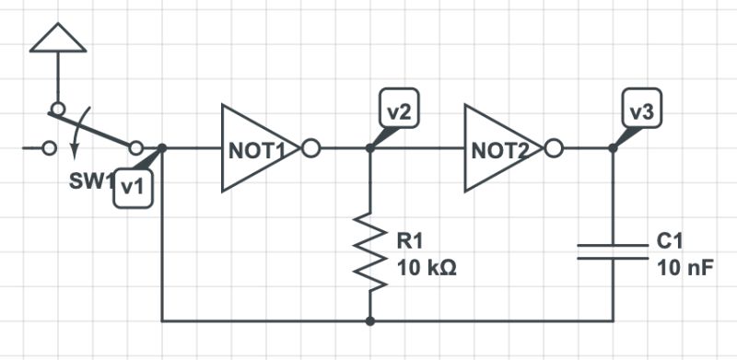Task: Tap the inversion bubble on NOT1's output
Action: click(x=311, y=148)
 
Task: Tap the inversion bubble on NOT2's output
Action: click(x=555, y=148)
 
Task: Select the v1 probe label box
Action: click(x=132, y=188)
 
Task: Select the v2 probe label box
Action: click(x=399, y=111)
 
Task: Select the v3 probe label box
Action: click(x=642, y=111)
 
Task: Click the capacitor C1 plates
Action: click(x=614, y=251)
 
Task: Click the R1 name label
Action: click(x=409, y=242)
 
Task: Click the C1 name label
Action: click(x=671, y=242)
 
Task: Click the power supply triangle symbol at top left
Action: click(x=57, y=38)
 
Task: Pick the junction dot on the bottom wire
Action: click(x=370, y=321)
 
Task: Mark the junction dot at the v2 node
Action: click(x=370, y=148)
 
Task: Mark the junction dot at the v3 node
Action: click(x=614, y=148)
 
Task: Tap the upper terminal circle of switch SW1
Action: click(x=57, y=109)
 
